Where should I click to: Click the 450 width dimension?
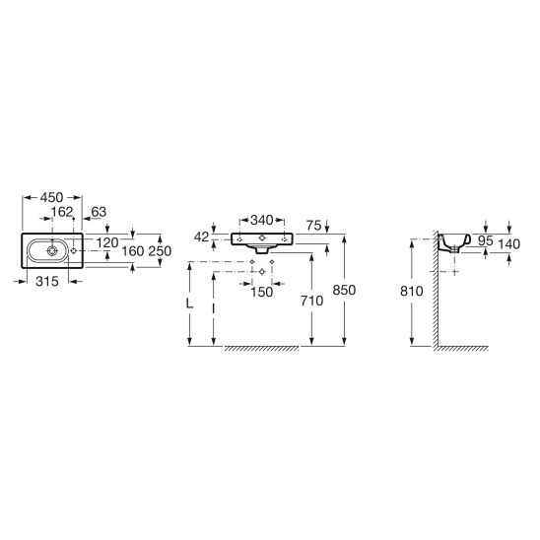pyautogui.click(x=51, y=197)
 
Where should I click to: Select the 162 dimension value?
pyautogui.click(x=62, y=212)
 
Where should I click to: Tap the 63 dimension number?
pyautogui.click(x=99, y=212)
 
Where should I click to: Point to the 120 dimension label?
pyautogui.click(x=107, y=242)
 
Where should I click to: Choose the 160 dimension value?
pyautogui.click(x=133, y=251)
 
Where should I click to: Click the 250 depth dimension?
pyautogui.click(x=160, y=251)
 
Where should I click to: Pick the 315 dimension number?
pyautogui.click(x=47, y=282)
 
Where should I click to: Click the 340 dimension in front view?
pyautogui.click(x=262, y=220)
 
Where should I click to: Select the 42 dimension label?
pyautogui.click(x=201, y=236)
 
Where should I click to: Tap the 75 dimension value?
pyautogui.click(x=313, y=226)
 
